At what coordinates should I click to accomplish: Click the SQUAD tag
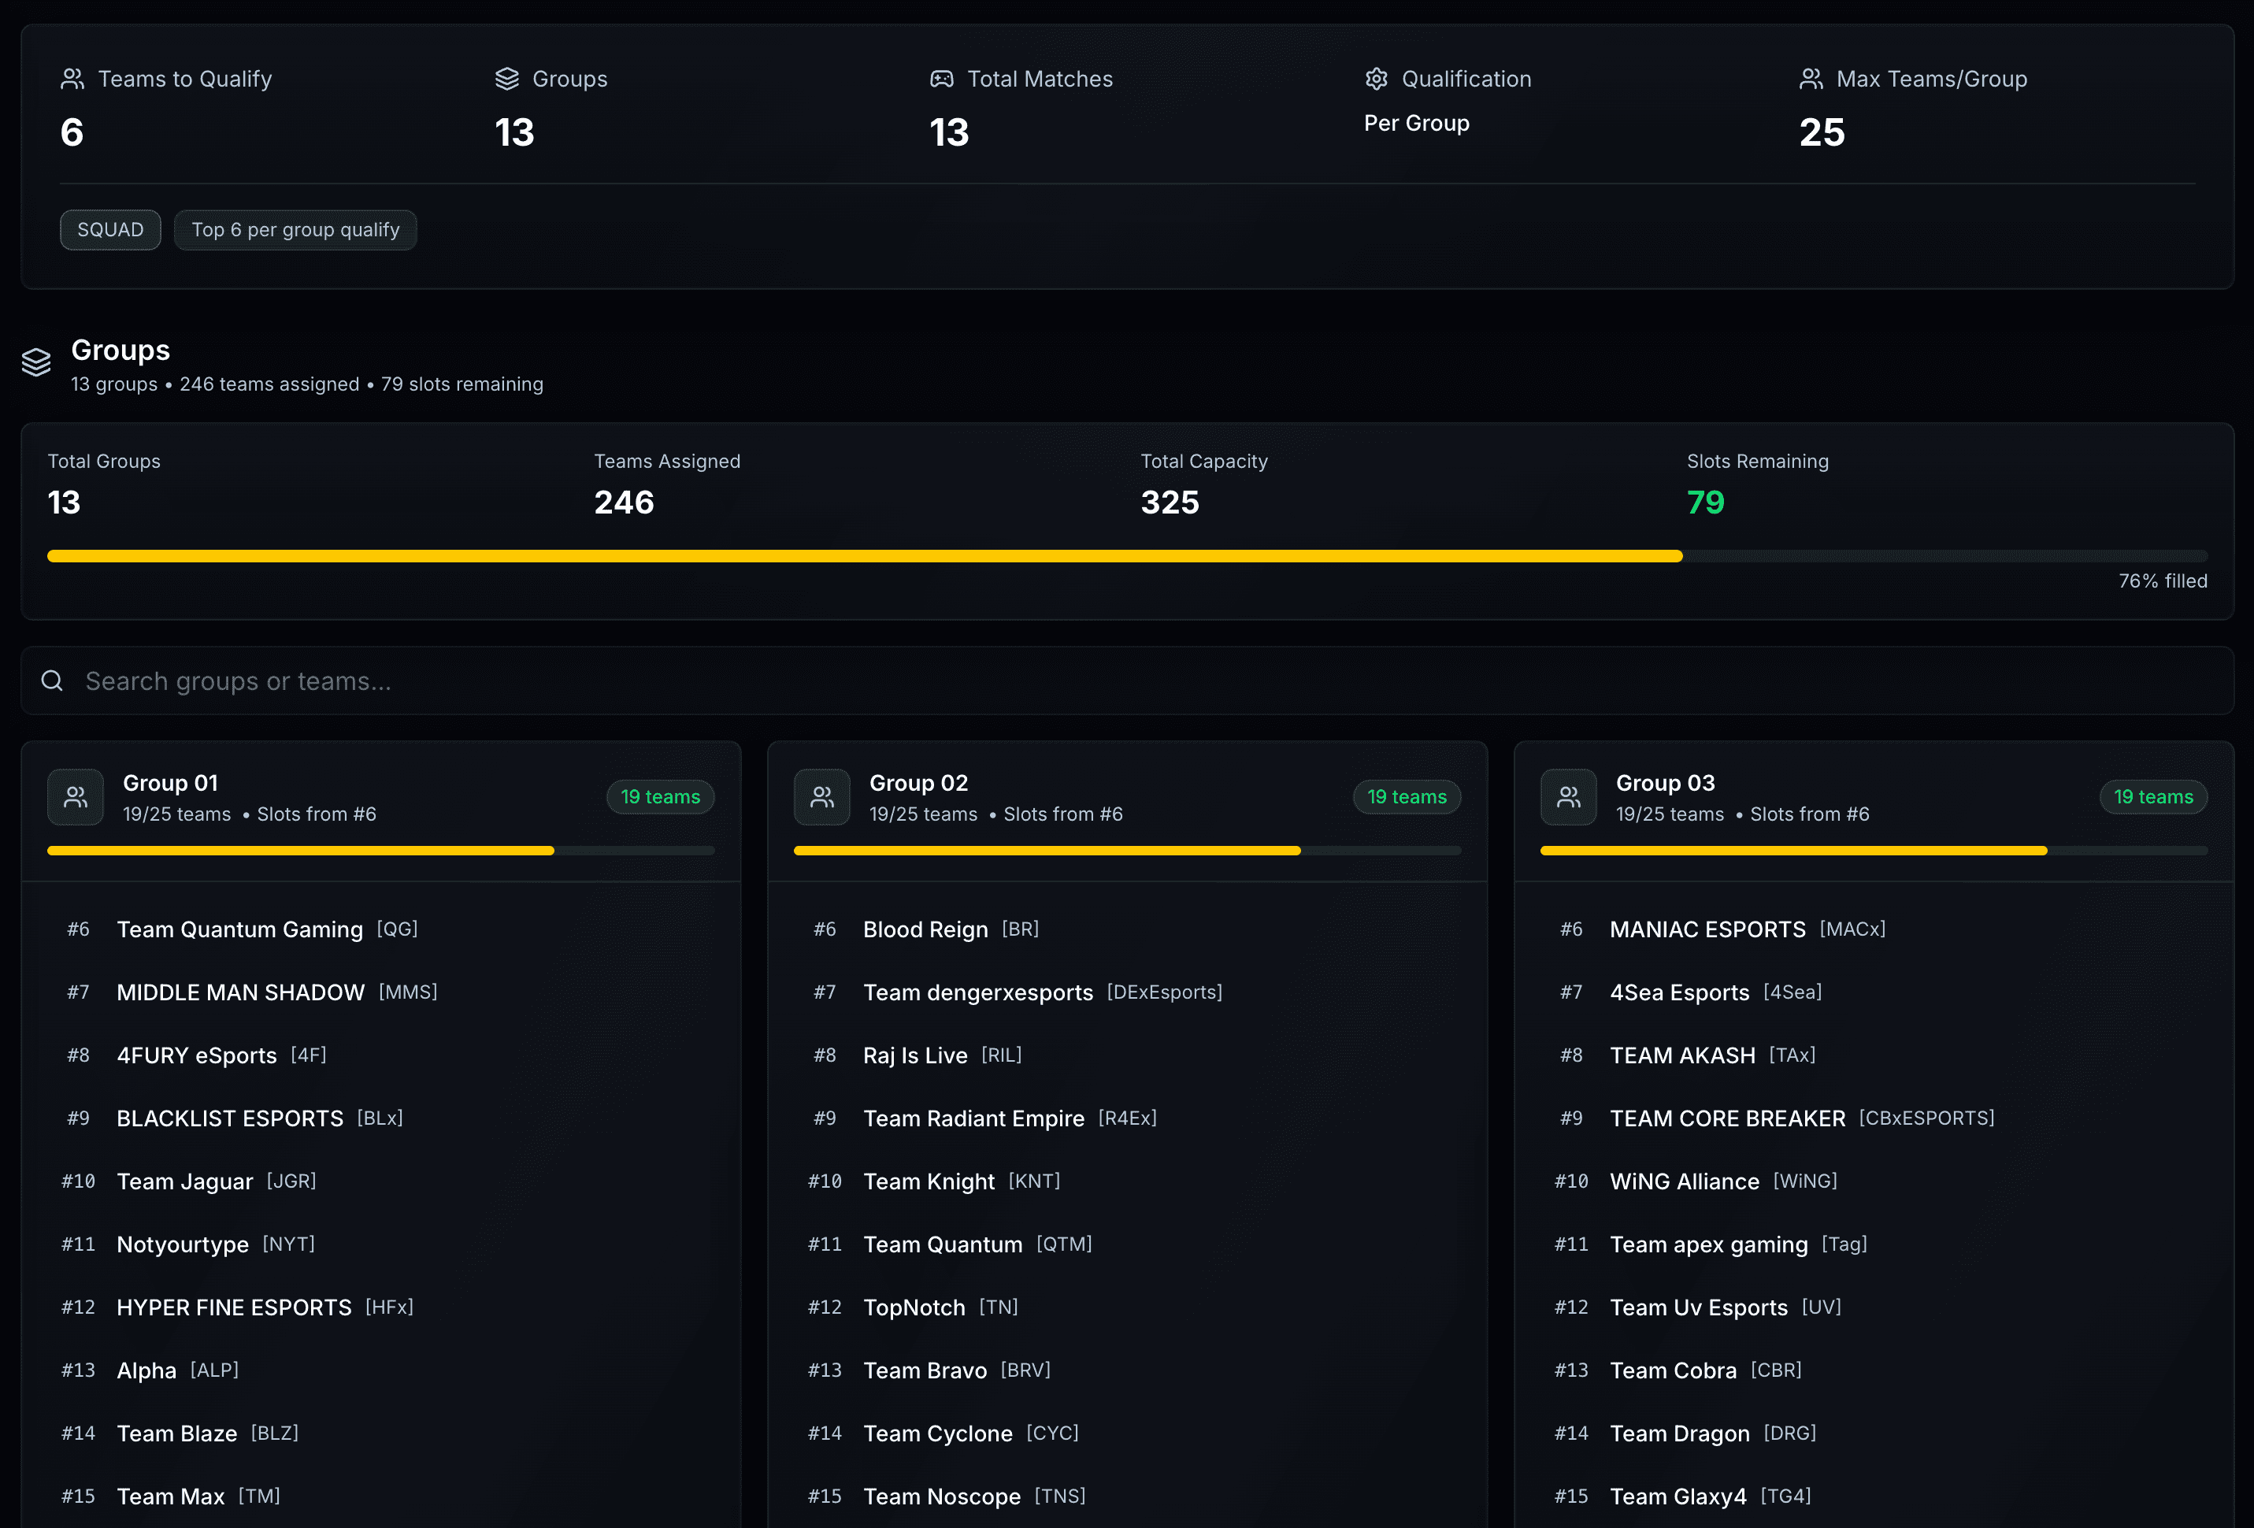pos(109,230)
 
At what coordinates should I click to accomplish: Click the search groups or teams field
pos(1125,681)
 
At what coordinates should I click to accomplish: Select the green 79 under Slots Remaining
pos(1705,503)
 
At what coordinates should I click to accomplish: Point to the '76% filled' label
pos(2162,581)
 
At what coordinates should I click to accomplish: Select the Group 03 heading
pos(1664,783)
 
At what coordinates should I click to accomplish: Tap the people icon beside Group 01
pos(76,797)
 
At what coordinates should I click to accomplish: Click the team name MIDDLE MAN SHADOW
pos(240,992)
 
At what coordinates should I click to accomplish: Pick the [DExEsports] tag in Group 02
pos(1164,992)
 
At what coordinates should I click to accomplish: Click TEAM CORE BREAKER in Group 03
pos(1726,1118)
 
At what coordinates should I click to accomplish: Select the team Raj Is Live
pos(914,1055)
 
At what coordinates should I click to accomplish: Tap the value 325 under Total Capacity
pos(1170,503)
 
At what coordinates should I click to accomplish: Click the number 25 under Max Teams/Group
pos(1822,133)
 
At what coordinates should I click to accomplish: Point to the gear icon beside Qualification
pos(1376,79)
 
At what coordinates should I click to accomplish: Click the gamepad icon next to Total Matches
pos(941,79)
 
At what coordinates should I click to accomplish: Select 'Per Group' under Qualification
pos(1416,123)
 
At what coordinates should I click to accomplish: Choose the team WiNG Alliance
pos(1684,1181)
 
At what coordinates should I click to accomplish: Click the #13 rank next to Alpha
pos(79,1370)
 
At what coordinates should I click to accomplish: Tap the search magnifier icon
pos(53,681)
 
